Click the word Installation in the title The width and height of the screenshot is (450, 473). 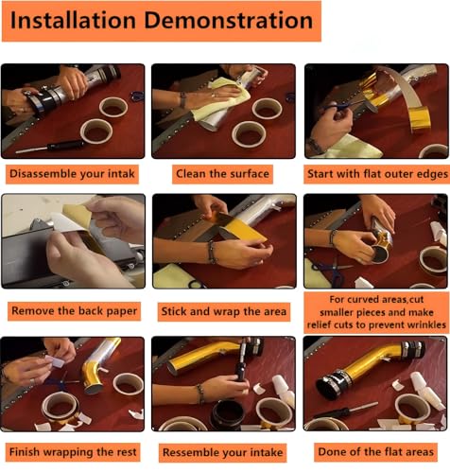coord(73,20)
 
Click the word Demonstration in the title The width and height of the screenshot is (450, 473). coord(229,20)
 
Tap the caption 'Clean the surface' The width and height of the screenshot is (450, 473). coord(222,174)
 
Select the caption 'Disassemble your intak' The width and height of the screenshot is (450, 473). coord(72,174)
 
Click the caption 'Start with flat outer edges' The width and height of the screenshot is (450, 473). coord(377,174)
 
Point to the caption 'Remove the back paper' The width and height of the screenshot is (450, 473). coord(75,311)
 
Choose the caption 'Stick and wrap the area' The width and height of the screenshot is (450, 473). coord(224,311)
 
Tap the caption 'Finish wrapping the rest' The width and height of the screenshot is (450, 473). coord(73,452)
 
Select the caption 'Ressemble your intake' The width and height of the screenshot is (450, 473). coord(223,452)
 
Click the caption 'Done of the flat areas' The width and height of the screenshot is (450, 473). coord(376,452)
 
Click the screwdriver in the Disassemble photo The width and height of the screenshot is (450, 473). coord(50,147)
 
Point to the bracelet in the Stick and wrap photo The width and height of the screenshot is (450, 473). coord(212,253)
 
